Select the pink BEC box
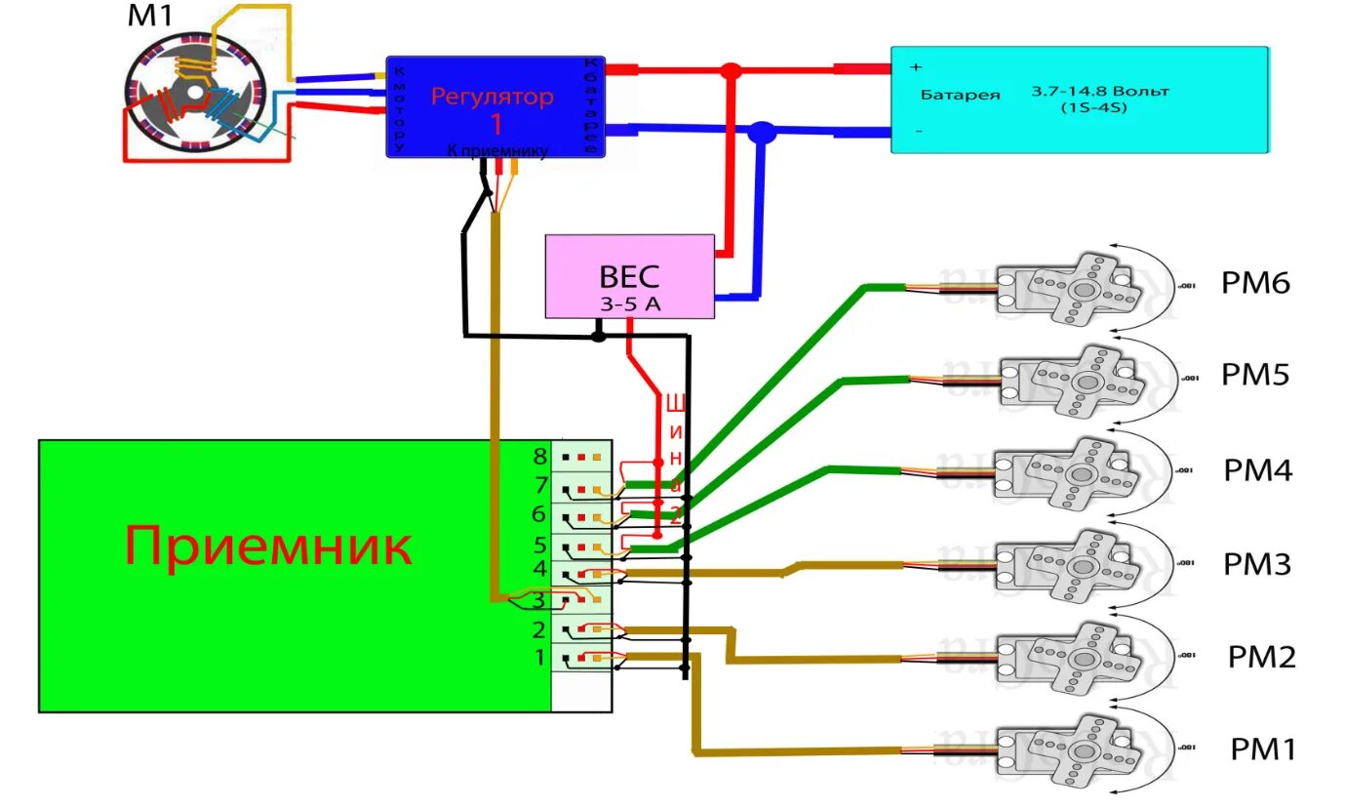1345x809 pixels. coord(629,275)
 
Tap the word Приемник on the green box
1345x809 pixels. coord(267,546)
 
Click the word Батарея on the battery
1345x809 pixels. coord(961,96)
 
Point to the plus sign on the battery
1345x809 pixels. coord(916,67)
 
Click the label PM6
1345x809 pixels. coord(1255,283)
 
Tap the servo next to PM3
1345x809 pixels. coord(1068,566)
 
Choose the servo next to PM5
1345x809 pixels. coord(1068,377)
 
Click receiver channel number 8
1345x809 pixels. coord(539,456)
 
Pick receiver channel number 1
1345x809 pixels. coord(539,659)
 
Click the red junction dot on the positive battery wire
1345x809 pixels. coord(731,70)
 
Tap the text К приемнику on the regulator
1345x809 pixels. coord(497,150)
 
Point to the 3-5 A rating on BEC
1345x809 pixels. coord(629,304)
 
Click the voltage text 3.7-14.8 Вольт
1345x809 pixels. coord(1100,92)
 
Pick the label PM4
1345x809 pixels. coord(1257,471)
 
